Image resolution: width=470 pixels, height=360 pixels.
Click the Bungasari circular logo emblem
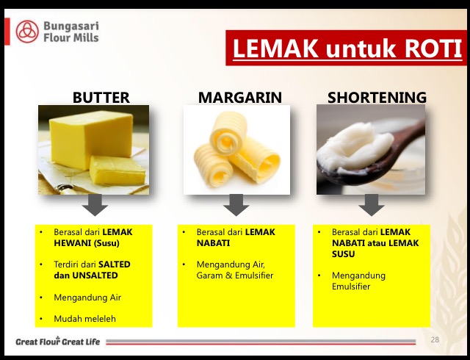pos(27,32)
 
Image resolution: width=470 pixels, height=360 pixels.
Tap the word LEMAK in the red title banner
pos(275,48)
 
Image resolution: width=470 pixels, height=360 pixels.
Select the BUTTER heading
pos(101,98)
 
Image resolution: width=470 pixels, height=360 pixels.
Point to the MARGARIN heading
pos(240,98)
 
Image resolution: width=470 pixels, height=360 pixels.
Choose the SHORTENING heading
pos(377,98)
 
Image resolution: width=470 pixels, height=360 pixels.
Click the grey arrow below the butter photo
pos(95,205)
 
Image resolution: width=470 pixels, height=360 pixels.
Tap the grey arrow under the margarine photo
pos(236,205)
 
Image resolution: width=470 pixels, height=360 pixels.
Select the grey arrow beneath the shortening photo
pos(372,205)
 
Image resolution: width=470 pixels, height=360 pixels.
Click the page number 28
pos(435,339)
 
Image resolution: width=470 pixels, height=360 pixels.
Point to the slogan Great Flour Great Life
pos(58,342)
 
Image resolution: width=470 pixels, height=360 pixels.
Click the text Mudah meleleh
pos(85,319)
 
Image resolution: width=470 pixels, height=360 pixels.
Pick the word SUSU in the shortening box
pos(343,254)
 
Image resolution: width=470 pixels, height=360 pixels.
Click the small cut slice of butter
pos(117,170)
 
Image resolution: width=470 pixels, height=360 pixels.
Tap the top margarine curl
pos(228,133)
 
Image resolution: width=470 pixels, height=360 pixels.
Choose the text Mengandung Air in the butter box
pos(87,298)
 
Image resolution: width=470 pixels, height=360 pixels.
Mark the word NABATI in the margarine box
pos(213,243)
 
